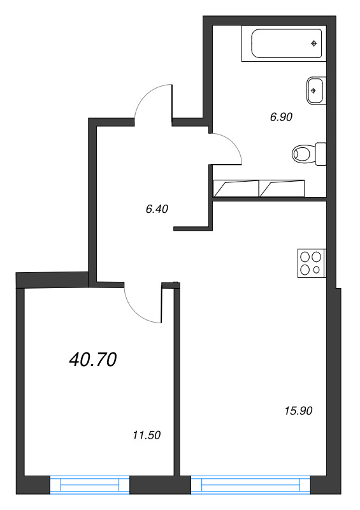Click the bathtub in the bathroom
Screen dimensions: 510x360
tap(284, 43)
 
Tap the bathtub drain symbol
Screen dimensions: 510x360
tap(313, 43)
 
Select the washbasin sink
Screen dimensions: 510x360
tap(315, 90)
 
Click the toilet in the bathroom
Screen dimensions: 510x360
tap(308, 153)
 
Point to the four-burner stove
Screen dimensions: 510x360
tap(311, 263)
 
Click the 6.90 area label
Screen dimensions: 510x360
tap(281, 117)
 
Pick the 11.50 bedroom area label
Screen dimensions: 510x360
tap(146, 436)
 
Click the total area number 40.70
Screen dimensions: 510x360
tap(92, 360)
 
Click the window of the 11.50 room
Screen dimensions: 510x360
tap(89, 486)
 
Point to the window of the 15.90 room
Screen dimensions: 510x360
tap(252, 486)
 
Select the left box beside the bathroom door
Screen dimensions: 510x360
tap(236, 188)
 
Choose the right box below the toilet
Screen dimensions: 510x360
tap(282, 188)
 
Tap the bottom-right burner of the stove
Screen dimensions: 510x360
tap(317, 270)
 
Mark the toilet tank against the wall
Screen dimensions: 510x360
tap(320, 153)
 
